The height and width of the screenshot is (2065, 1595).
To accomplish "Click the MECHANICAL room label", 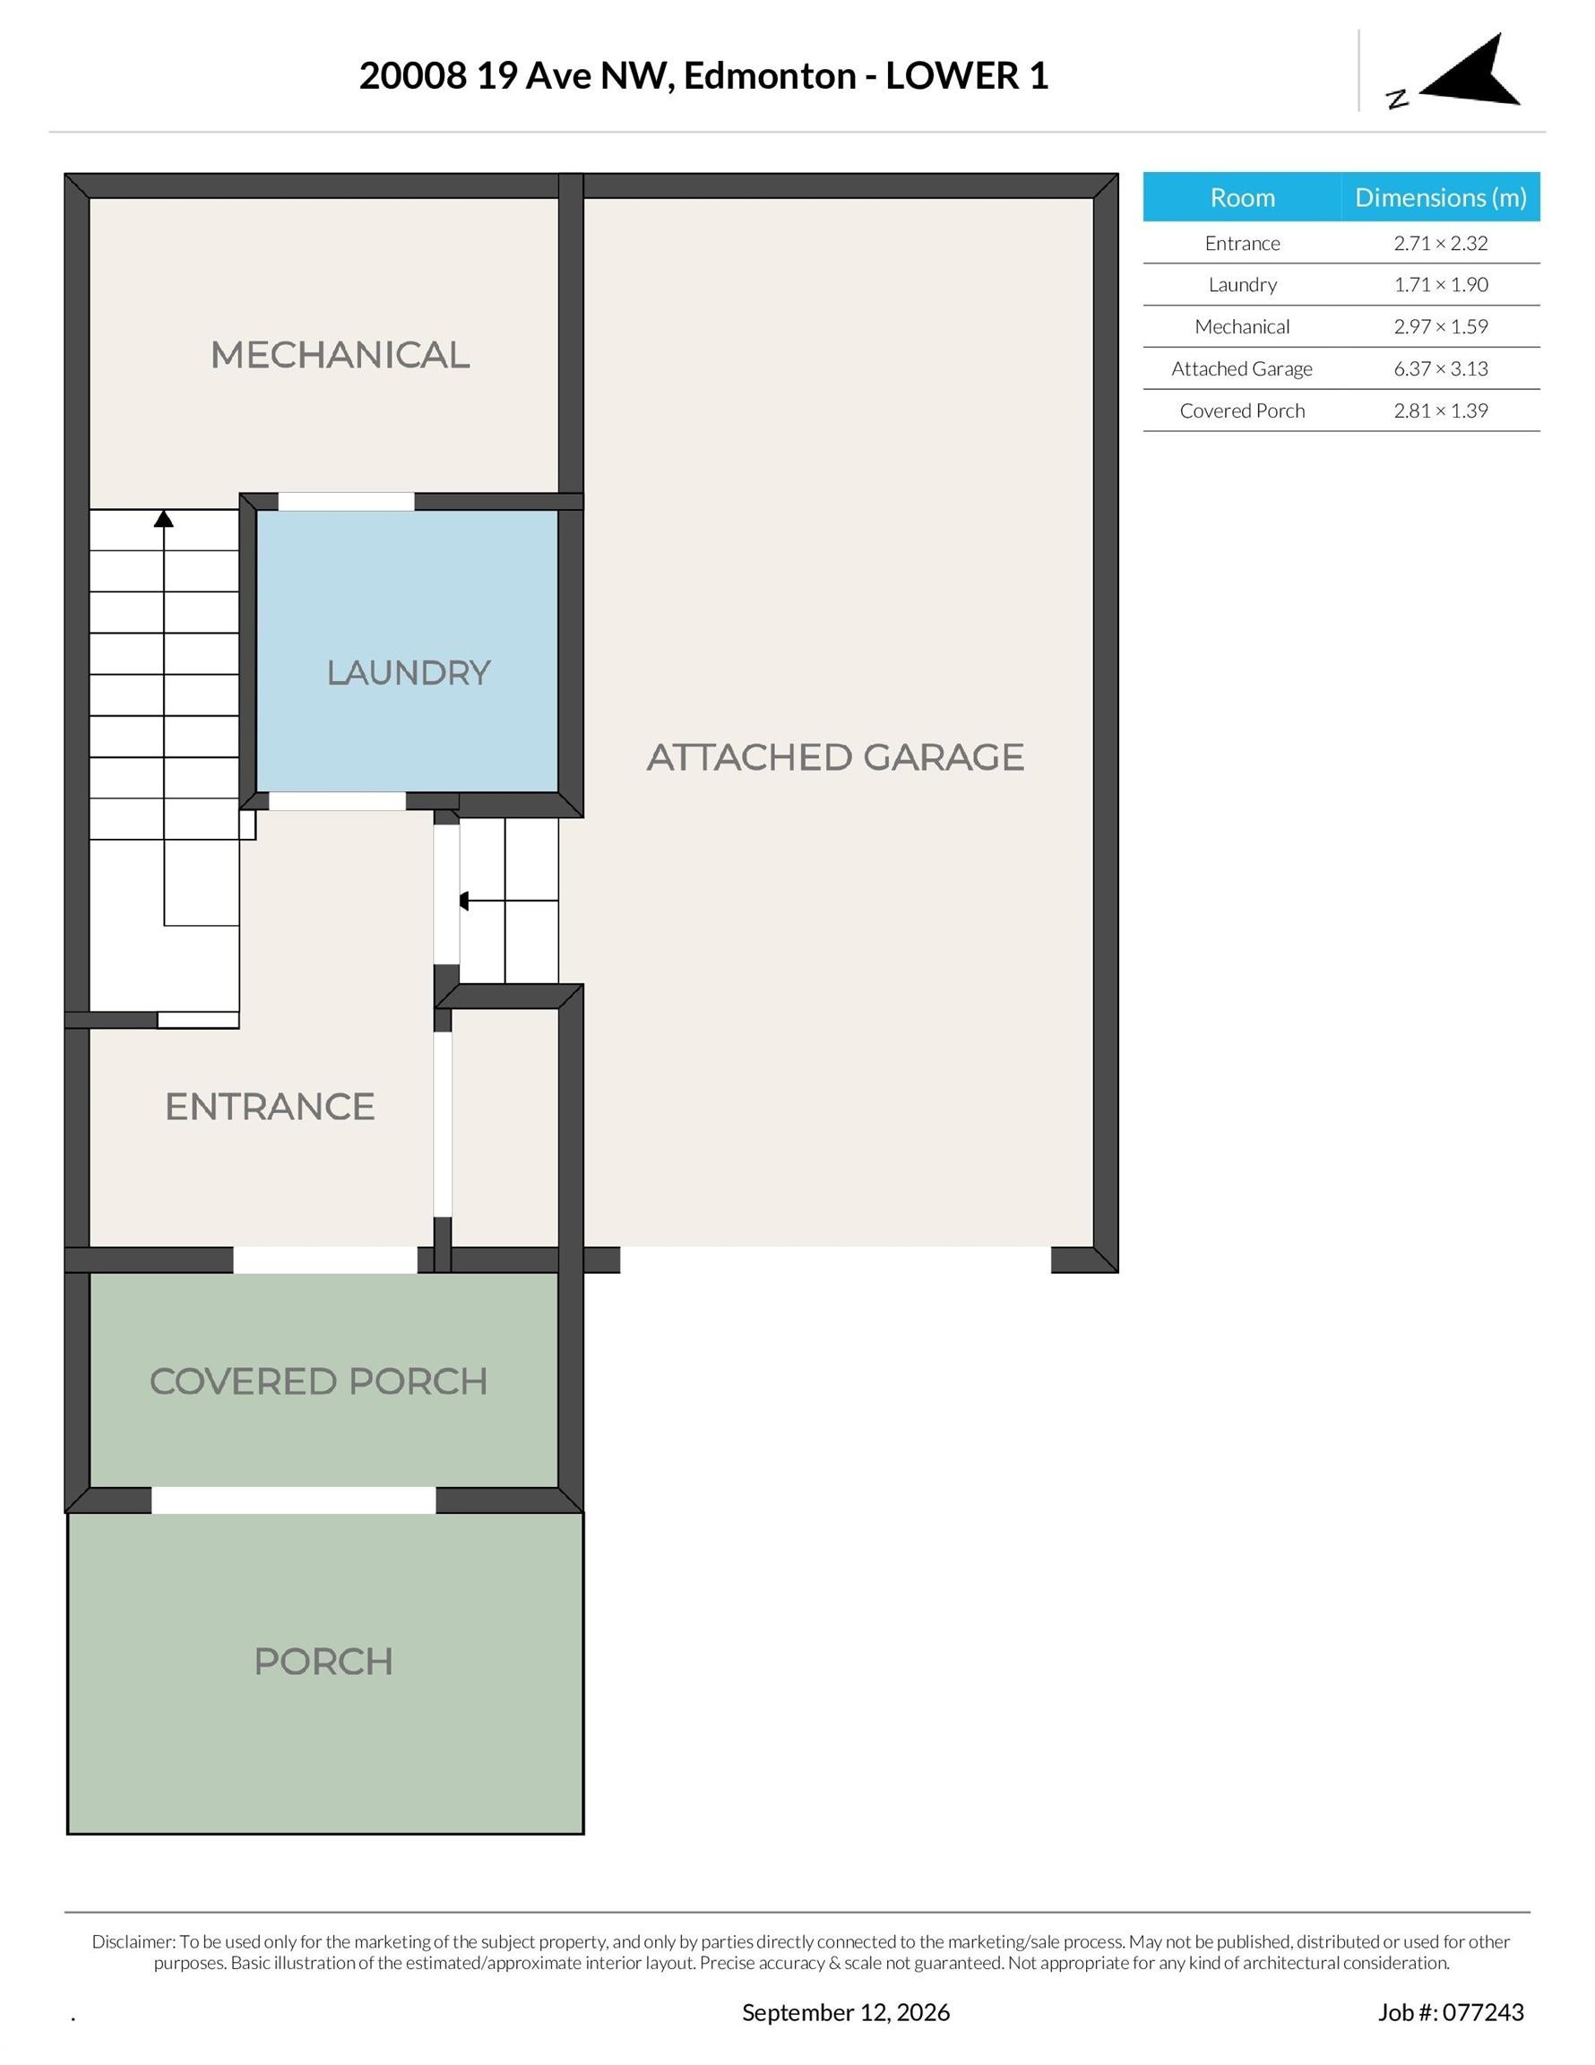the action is coord(340,355).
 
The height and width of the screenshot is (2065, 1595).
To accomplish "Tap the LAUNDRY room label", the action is coord(409,672).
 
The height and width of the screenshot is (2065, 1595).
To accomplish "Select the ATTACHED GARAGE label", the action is coord(835,756).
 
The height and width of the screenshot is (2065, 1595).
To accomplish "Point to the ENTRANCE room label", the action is coord(270,1106).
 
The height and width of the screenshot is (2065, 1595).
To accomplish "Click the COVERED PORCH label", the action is coord(319,1381).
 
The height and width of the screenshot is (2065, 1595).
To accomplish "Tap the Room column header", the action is coord(1242,197).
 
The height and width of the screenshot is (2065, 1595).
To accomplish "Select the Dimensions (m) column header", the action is coord(1441,197).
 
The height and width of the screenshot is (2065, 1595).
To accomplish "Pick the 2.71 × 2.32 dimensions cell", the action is coord(1441,243).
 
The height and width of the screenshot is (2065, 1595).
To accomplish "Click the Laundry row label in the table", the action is coord(1242,285).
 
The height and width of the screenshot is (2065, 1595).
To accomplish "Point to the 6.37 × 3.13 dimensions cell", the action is coord(1441,368).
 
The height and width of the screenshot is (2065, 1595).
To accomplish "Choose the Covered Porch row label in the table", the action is coord(1242,410).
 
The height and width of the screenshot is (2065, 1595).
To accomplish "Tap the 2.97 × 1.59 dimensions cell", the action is coord(1441,326).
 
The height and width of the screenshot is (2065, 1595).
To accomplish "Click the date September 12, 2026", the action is coord(845,2012).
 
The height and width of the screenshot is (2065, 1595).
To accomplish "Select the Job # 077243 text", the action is coord(1451,2012).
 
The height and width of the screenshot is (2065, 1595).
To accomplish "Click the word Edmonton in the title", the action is coord(770,75).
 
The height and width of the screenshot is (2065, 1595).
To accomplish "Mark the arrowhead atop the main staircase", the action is coord(164,518).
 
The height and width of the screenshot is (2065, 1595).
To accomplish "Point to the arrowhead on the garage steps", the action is coord(463,901).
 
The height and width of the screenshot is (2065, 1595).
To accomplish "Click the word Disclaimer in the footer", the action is coord(134,1941).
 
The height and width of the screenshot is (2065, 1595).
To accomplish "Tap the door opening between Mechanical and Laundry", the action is coord(346,501).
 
